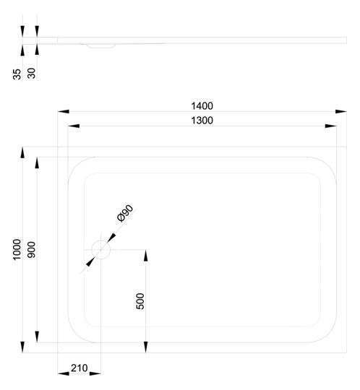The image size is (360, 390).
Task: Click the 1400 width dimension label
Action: [x=202, y=106]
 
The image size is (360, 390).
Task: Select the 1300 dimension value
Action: [x=202, y=121]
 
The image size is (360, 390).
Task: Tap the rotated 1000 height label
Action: [x=17, y=250]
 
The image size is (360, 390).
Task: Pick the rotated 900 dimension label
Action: [x=31, y=250]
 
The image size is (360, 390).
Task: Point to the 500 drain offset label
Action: [x=140, y=301]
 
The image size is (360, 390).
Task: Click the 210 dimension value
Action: [x=80, y=368]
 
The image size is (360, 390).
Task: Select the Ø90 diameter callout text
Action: [x=125, y=213]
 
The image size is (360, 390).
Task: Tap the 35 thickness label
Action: [x=17, y=74]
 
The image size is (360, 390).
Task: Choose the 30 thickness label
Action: [x=31, y=74]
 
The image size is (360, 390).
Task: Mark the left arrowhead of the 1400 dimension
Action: [x=63, y=111]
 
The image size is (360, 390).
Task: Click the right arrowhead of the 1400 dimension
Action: [x=340, y=111]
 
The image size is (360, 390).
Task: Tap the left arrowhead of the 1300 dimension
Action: [x=74, y=126]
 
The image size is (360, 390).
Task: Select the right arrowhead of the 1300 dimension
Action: [x=330, y=126]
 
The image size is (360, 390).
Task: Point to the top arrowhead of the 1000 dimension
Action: [x=22, y=152]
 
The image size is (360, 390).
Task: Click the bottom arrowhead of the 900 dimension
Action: [x=37, y=337]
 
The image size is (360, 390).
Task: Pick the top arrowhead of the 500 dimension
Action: [x=145, y=255]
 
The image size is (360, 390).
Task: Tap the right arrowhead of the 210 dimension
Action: [x=95, y=373]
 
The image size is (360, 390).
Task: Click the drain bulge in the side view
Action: [x=101, y=45]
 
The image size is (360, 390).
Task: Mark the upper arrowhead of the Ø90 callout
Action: [x=111, y=238]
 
